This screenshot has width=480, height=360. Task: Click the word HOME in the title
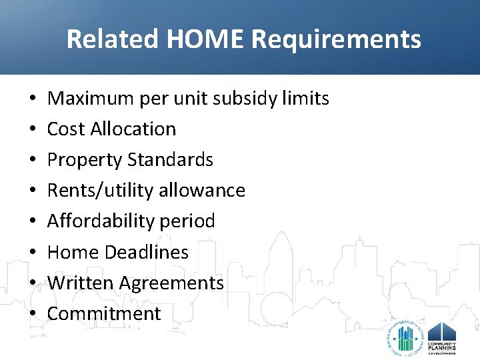coord(204,39)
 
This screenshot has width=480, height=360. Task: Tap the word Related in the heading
coord(112,39)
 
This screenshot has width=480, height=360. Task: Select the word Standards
coord(170,160)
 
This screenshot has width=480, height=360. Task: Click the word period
coord(191,221)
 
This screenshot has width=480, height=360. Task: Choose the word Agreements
coord(171,283)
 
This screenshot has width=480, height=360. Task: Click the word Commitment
coord(104,314)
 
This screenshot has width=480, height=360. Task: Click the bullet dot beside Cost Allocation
coord(33,129)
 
